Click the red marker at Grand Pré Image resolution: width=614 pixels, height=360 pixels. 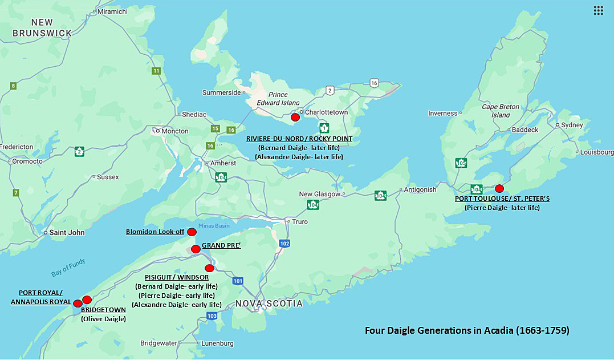(196, 249)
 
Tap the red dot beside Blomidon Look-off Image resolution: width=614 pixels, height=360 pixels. (192, 232)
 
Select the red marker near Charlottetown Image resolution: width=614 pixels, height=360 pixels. (295, 117)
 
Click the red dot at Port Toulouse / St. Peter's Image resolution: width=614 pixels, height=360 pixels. (499, 188)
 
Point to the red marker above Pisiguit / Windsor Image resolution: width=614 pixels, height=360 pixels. (209, 268)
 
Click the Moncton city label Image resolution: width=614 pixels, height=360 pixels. (175, 131)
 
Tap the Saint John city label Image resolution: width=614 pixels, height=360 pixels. (67, 233)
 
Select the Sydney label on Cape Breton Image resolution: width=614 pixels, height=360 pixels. (572, 125)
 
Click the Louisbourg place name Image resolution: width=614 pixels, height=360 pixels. (597, 152)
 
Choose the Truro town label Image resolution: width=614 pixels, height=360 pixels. (299, 222)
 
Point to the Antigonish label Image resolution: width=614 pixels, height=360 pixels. (420, 189)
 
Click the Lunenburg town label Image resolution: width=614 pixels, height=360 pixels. (217, 343)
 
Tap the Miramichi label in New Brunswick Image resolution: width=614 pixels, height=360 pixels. (113, 11)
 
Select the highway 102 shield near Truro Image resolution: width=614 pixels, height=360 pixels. (284, 243)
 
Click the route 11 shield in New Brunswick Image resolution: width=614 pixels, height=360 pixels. (156, 71)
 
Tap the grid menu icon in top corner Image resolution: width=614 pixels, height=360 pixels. (598, 10)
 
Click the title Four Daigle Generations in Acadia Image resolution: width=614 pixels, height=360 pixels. (467, 330)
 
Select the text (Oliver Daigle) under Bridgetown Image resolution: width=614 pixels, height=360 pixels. (103, 319)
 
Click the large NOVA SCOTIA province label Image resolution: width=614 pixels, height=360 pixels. (269, 304)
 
